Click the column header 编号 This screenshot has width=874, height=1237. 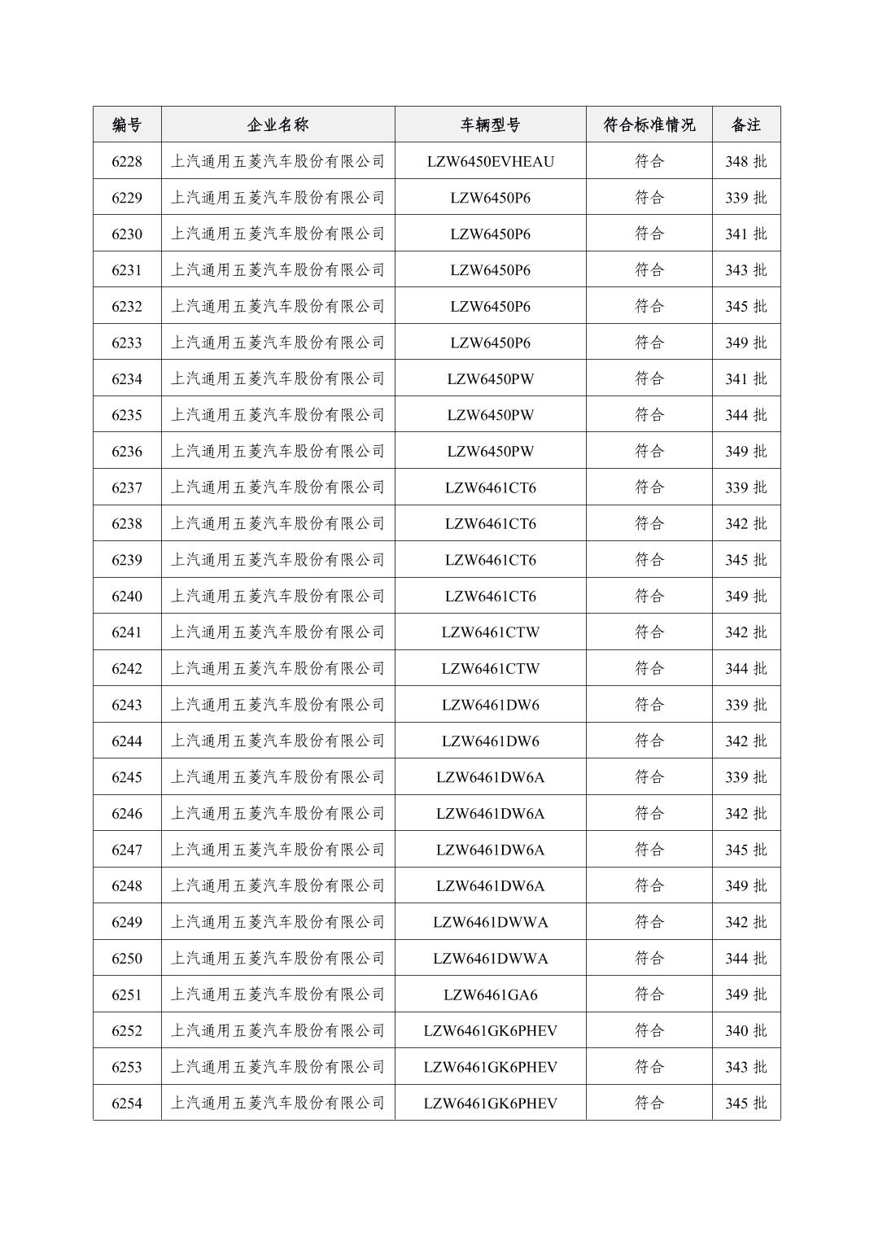[127, 125]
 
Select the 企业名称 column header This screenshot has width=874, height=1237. [277, 125]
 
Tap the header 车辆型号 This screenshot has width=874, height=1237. [490, 125]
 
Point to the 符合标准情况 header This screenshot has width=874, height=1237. [649, 125]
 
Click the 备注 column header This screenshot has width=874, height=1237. [745, 125]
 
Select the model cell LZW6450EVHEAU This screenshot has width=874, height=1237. [490, 161]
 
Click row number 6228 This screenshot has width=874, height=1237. [127, 161]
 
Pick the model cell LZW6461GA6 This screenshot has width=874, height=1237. [490, 994]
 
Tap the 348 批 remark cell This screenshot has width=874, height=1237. [745, 161]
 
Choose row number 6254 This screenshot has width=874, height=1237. [127, 1103]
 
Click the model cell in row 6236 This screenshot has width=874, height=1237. [490, 451]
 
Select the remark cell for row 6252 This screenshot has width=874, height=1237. [745, 1030]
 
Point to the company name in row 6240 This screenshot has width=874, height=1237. [277, 596]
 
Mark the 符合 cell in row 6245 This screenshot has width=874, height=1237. [649, 777]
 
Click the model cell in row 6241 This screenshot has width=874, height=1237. [490, 632]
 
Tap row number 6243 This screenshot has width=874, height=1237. [127, 705]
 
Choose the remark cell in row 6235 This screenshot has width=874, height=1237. [745, 415]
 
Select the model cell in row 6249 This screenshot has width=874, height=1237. [490, 922]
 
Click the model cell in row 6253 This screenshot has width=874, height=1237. [490, 1067]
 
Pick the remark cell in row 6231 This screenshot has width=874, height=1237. [745, 270]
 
